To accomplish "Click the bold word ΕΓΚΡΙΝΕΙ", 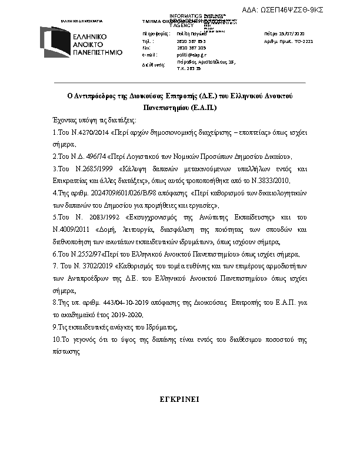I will pyautogui.click(x=179, y=399).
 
